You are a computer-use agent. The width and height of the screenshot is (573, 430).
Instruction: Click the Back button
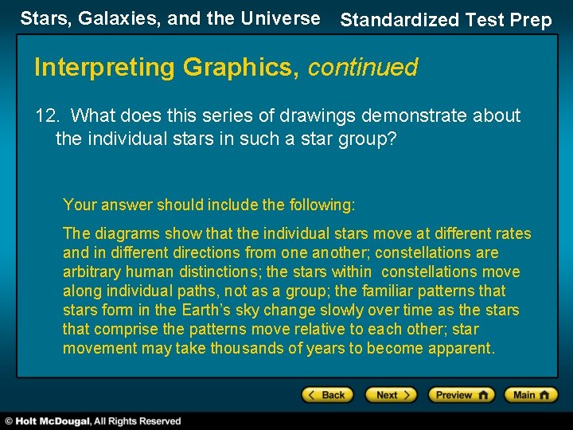[326, 395]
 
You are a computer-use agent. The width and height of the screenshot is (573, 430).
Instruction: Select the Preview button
[462, 395]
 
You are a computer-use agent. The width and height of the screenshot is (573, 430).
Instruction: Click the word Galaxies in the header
[103, 18]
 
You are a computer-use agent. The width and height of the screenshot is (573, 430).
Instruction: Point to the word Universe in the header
[283, 18]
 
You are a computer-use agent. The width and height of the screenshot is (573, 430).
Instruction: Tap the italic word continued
[362, 68]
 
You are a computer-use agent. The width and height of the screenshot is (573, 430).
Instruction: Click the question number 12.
[47, 116]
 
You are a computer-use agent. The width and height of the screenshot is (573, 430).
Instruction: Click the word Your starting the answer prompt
[79, 205]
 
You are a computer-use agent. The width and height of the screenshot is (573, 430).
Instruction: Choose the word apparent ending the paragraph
[463, 348]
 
